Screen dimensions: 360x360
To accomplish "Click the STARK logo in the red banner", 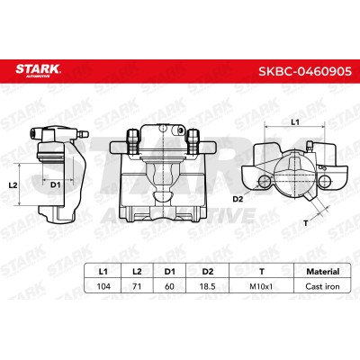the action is point(38,70).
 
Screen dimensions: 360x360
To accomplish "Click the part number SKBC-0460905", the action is point(305,71).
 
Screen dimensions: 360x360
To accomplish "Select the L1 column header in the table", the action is point(103,272).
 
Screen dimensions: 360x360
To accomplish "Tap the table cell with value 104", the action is point(103,286).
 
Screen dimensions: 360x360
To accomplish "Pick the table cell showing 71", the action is point(137,286).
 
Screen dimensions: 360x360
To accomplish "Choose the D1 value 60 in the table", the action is point(169,286).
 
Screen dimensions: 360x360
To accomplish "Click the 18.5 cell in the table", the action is point(208,286).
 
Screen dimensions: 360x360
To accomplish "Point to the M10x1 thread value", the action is point(261,286).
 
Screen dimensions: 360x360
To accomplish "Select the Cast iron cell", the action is point(322,286).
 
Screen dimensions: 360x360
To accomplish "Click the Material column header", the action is point(323,272).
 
